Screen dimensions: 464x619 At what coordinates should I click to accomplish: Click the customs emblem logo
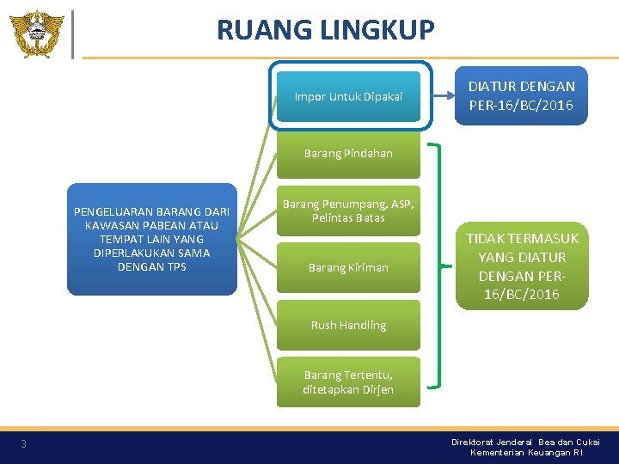pyautogui.click(x=36, y=34)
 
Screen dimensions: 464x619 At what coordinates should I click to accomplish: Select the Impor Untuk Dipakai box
pyautogui.click(x=348, y=96)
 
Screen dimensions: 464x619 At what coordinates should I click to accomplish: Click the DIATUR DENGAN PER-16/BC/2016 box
pyautogui.click(x=521, y=96)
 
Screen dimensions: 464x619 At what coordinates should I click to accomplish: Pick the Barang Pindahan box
pyautogui.click(x=348, y=153)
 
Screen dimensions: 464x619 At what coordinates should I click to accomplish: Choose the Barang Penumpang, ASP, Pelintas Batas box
pyautogui.click(x=348, y=211)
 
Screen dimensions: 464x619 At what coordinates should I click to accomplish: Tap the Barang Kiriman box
pyautogui.click(x=348, y=267)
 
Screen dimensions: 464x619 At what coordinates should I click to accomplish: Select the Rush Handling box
pyautogui.click(x=348, y=325)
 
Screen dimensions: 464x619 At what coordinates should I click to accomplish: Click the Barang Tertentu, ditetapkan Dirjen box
pyautogui.click(x=348, y=382)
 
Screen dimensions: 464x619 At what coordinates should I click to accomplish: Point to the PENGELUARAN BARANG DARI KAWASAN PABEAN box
pyautogui.click(x=152, y=239)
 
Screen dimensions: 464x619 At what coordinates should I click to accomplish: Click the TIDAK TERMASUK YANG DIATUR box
pyautogui.click(x=523, y=266)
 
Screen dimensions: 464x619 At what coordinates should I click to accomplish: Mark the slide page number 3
pyautogui.click(x=24, y=443)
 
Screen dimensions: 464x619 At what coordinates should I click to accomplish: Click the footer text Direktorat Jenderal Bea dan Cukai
pyautogui.click(x=525, y=442)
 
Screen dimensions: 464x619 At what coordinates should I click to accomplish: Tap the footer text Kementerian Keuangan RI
pyautogui.click(x=525, y=452)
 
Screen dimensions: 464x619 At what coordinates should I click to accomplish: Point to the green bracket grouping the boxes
pyautogui.click(x=439, y=266)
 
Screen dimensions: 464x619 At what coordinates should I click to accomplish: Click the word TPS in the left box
pyautogui.click(x=175, y=266)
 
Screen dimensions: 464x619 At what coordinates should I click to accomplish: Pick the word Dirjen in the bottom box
pyautogui.click(x=376, y=389)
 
